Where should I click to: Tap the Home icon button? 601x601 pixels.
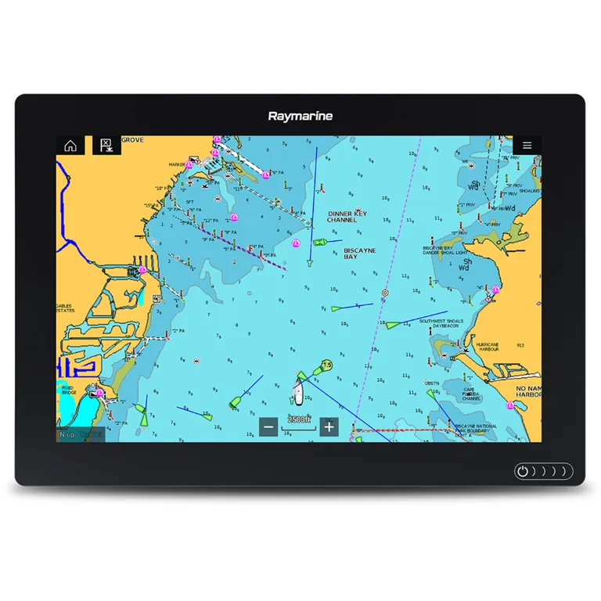pos(70,146)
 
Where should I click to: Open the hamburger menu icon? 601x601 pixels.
pos(527,146)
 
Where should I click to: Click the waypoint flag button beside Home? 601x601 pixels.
pos(106,146)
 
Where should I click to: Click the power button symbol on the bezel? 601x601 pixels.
pos(523,472)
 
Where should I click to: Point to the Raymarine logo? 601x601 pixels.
pos(300,117)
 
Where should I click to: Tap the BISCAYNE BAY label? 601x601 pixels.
pos(360,254)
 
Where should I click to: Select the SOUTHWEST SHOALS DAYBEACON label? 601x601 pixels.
pos(441,324)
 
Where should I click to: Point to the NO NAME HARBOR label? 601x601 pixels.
pos(528,391)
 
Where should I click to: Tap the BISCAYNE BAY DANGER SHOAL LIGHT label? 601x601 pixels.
pos(447,250)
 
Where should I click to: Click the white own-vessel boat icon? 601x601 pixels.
pos(299,390)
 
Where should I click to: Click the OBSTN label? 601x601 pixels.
pos(431,383)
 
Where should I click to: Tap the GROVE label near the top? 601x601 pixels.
pos(132,140)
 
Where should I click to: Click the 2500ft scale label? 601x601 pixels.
pos(299,419)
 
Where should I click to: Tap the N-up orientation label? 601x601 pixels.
pos(69,434)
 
